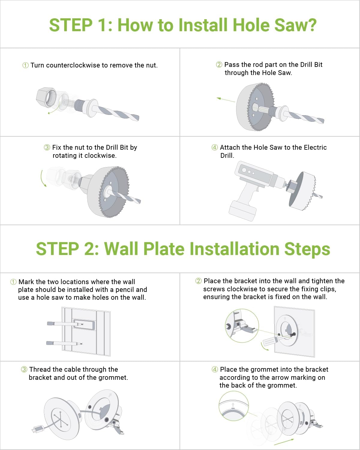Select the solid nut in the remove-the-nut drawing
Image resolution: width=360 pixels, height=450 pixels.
46,97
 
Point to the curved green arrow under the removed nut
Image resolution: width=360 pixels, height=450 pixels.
53,111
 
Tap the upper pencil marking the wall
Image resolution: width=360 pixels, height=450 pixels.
64,324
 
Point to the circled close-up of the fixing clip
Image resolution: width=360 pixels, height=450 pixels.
242,325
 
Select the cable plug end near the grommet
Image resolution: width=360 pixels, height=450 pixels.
37,429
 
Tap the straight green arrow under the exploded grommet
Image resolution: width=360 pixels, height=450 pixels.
284,442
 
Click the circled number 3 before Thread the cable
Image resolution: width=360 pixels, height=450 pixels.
24,370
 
